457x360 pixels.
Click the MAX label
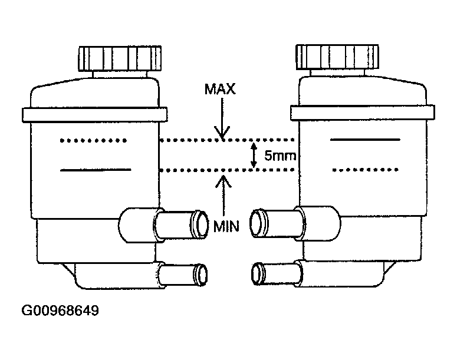click(x=220, y=89)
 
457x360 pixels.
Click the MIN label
click(x=226, y=226)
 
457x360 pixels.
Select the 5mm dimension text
click(x=280, y=156)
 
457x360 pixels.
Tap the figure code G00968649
click(x=60, y=311)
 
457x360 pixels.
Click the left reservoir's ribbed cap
click(x=120, y=58)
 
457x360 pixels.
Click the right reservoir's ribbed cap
click(x=337, y=57)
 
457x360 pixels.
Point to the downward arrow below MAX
click(x=222, y=118)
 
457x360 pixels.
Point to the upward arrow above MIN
click(x=223, y=196)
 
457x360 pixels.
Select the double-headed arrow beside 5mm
click(x=254, y=155)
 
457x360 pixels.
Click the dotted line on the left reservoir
click(x=93, y=140)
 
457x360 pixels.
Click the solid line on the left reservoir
click(x=96, y=170)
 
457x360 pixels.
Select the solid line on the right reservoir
click(x=365, y=140)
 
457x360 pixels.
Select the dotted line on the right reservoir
click(x=366, y=170)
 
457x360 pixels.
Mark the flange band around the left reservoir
click(x=95, y=114)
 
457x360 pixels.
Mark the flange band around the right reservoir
click(x=363, y=113)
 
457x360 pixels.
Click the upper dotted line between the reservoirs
click(x=227, y=140)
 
